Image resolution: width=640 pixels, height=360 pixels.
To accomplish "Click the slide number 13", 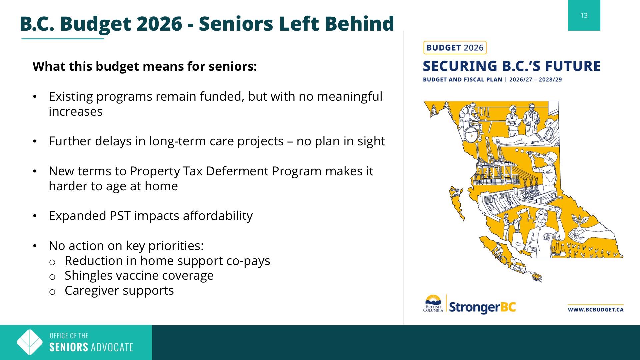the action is [x=584, y=15].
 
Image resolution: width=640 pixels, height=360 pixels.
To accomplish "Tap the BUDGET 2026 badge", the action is [x=455, y=48].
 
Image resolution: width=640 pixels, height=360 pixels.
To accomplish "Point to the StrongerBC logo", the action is [x=482, y=307].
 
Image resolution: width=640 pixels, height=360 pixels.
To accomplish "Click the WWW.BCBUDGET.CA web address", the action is [x=595, y=310].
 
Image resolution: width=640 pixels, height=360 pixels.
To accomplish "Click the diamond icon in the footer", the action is [x=30, y=342].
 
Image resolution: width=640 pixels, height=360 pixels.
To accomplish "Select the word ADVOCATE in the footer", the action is [x=112, y=347].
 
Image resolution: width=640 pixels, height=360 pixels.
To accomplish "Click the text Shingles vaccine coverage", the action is [x=139, y=276].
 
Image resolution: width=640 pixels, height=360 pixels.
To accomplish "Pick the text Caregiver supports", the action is [x=119, y=291].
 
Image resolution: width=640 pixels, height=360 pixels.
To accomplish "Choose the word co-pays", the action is [x=248, y=261].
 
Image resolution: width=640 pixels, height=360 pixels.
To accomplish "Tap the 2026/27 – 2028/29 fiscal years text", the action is [x=535, y=80].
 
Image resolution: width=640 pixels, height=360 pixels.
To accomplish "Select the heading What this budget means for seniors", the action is [x=145, y=66].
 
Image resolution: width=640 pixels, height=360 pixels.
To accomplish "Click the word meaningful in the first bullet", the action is [x=350, y=97].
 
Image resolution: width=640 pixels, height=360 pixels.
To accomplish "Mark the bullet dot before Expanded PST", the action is [x=35, y=216].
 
